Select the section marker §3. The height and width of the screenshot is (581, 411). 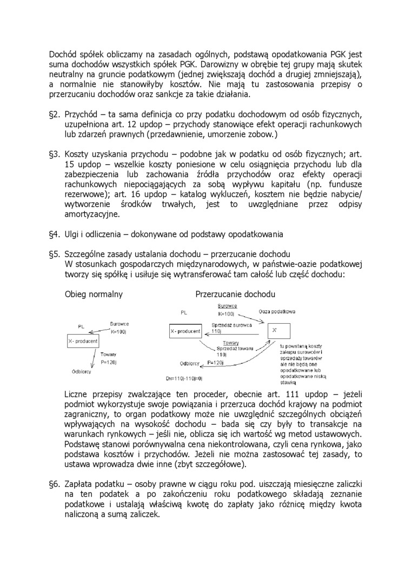pyautogui.click(x=54, y=155)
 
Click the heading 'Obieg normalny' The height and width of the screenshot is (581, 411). pyautogui.click(x=93, y=295)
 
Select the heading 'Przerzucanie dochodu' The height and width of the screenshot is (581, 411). pyautogui.click(x=235, y=295)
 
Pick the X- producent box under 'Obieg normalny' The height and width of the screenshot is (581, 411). pyautogui.click(x=83, y=342)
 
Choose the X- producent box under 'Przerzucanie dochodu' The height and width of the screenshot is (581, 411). pyautogui.click(x=185, y=331)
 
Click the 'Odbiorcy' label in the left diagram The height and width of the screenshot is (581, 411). pyautogui.click(x=81, y=371)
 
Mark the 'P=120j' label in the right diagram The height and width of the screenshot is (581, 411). pyautogui.click(x=215, y=363)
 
